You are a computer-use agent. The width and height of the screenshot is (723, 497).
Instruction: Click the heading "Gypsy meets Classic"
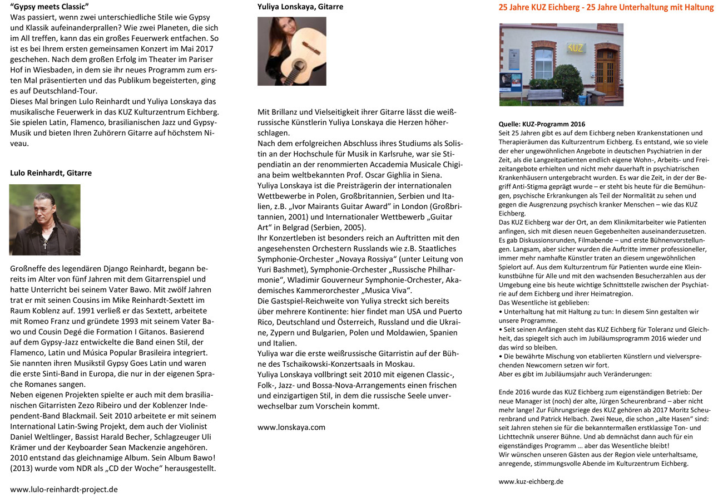[49, 7]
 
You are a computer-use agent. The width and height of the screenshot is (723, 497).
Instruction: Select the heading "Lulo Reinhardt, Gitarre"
[51, 173]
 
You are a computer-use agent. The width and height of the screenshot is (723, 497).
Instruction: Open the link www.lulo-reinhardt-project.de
[64, 489]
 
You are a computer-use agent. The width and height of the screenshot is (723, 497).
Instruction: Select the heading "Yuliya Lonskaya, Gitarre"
[300, 7]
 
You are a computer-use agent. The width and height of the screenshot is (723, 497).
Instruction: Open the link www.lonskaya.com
[291, 427]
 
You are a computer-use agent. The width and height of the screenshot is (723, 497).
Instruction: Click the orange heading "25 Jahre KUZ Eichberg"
[606, 7]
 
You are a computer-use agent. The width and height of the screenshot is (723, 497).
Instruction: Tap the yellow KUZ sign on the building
[575, 48]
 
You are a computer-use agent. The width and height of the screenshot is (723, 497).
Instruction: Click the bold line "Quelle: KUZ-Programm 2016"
[542, 124]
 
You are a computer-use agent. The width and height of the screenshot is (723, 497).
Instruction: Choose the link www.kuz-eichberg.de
[531, 481]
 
